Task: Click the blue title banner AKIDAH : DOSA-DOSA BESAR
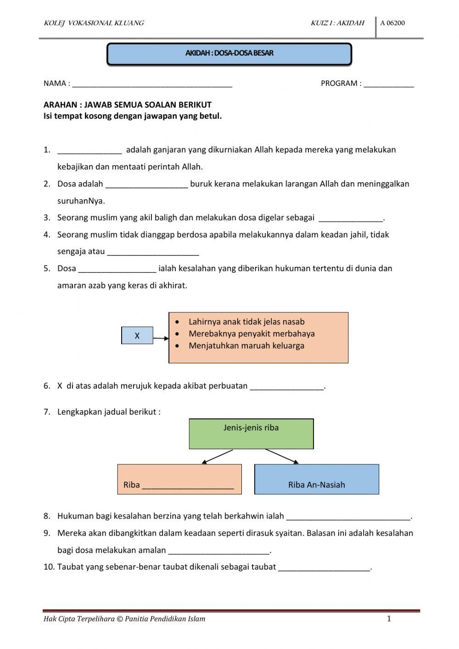(x=229, y=54)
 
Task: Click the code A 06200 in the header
(x=392, y=23)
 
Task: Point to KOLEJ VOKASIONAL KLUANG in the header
(x=94, y=23)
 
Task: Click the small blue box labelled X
(x=137, y=336)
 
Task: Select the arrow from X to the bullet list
(x=161, y=339)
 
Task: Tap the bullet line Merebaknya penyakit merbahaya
(x=252, y=334)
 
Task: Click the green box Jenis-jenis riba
(x=251, y=433)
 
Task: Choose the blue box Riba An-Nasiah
(x=317, y=479)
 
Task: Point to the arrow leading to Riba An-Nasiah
(x=282, y=457)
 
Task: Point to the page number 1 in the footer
(x=389, y=619)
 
